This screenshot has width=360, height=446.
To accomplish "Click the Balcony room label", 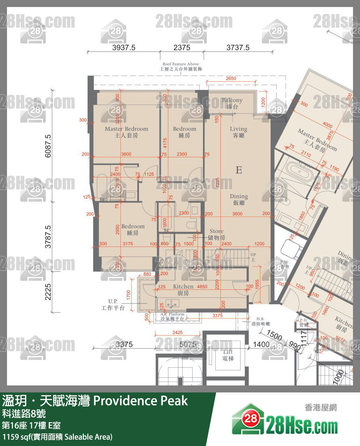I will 232,103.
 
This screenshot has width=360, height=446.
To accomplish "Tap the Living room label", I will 238,132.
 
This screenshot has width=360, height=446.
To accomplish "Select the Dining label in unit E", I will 239,199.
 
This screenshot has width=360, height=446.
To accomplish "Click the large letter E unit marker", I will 239,170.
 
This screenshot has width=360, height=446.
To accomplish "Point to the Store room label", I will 216,234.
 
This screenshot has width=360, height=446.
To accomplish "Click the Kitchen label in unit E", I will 183,290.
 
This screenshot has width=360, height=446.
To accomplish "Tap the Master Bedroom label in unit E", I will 126,132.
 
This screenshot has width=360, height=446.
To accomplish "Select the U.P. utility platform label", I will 113,305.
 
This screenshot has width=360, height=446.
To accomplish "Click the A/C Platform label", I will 172,316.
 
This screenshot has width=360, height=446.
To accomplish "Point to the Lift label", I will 228,355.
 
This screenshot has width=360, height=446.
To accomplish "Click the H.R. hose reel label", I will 260,321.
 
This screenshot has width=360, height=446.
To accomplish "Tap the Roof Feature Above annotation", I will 181,67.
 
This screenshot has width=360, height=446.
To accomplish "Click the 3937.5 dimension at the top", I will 124,48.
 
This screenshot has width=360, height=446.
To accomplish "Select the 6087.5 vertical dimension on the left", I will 48,146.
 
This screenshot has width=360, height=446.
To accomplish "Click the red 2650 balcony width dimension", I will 231,78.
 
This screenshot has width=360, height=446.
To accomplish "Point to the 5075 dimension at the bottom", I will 188,344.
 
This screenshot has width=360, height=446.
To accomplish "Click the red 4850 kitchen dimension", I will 202,286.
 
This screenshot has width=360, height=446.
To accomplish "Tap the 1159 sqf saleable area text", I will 57,437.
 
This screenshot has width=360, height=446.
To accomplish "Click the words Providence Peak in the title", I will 140,400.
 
